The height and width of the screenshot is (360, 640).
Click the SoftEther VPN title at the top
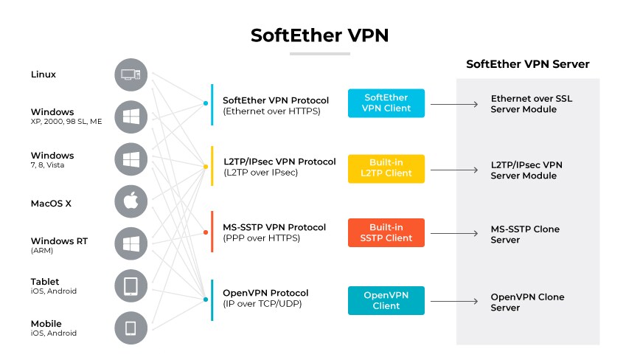point(319,35)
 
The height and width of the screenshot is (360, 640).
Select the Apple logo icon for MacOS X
point(131,201)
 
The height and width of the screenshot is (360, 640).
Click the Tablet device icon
point(131,286)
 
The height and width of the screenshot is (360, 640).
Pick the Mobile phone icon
point(131,328)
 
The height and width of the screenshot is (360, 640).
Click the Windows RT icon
point(131,244)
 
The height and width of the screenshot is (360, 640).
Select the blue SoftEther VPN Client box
point(386,103)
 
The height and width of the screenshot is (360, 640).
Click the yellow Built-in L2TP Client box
point(386,168)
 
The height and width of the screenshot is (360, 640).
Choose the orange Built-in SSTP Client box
point(386,232)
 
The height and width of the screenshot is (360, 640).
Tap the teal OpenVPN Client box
point(386,300)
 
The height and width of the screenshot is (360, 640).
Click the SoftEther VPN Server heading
point(527,64)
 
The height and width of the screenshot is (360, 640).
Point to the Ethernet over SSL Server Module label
point(524,104)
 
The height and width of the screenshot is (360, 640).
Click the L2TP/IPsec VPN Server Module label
point(526,170)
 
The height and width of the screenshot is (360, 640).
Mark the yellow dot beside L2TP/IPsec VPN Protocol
point(206,167)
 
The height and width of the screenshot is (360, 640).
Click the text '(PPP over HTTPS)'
point(261,238)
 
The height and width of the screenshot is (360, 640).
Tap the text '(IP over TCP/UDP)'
point(262,303)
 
